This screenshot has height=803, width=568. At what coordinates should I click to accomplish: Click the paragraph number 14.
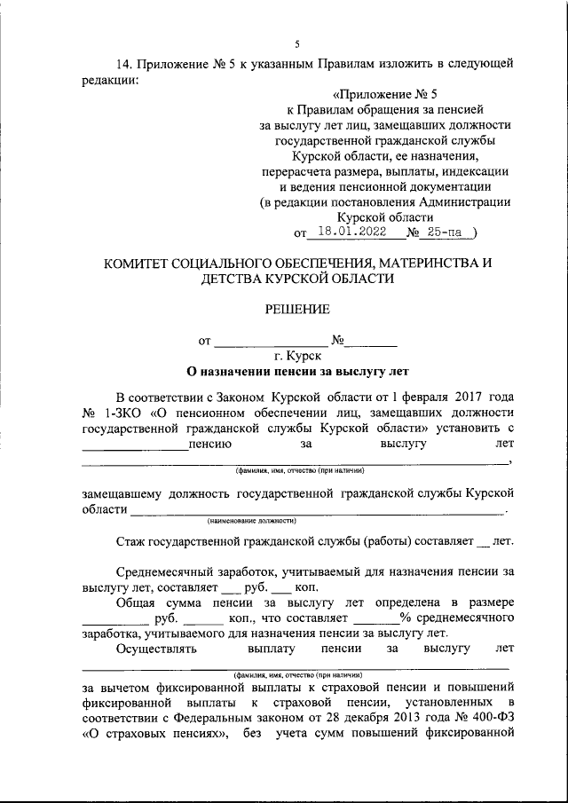pyautogui.click(x=124, y=64)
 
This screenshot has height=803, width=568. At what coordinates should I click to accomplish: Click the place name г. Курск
pyautogui.click(x=297, y=356)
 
